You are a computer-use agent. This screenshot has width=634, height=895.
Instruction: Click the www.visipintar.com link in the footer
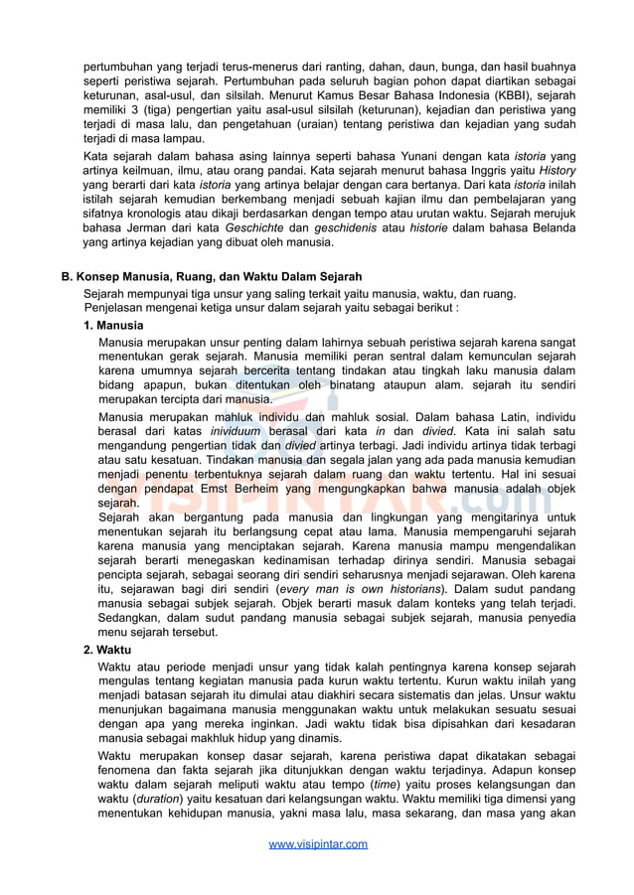coord(318,844)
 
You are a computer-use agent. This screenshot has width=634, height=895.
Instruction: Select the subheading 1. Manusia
coord(113,326)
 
